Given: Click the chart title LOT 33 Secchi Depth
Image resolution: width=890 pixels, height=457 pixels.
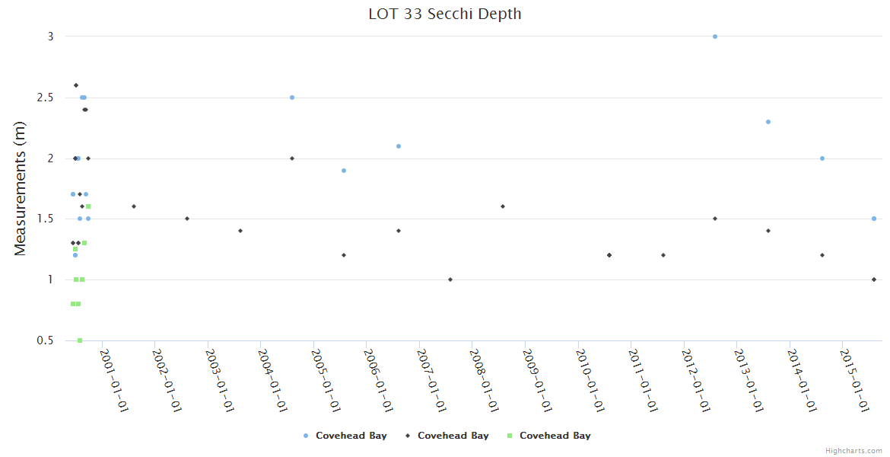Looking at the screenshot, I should pos(445,14).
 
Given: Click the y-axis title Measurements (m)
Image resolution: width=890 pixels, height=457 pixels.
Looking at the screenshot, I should pos(21,188).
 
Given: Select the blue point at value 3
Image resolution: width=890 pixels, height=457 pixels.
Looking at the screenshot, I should pos(715,37).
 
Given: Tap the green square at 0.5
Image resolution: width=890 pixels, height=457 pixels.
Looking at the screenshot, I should pos(80,340).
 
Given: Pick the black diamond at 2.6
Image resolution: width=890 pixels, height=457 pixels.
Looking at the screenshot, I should pos(76,85).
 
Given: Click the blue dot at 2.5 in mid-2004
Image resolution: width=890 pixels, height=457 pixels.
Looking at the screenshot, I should pos(292,97).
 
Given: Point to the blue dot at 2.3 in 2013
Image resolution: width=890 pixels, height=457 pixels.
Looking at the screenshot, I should pos(768,122).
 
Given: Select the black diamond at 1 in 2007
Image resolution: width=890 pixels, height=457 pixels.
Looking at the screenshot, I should pos(450,280).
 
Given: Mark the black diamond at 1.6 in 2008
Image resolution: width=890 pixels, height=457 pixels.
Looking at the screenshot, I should pos(503,206).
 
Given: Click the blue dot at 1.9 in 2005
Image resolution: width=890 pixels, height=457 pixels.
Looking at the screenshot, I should pos(344,171).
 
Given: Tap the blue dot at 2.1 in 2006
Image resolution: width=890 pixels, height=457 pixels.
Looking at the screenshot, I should pos(399,146).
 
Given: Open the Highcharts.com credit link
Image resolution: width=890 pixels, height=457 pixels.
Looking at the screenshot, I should pos(853,451).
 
